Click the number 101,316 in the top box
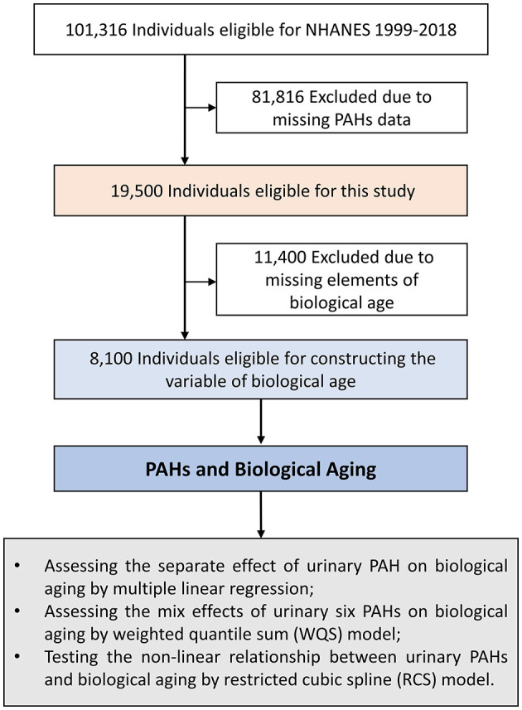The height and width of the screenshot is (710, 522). pyautogui.click(x=96, y=31)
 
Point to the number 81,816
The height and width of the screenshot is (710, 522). pyautogui.click(x=278, y=98)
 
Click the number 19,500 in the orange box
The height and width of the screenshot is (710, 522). pyautogui.click(x=138, y=191)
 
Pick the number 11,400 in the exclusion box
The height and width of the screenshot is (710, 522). pyautogui.click(x=280, y=258)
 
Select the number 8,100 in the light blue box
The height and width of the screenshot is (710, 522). pyautogui.click(x=111, y=359)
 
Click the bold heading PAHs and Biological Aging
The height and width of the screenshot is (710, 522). pyautogui.click(x=261, y=469)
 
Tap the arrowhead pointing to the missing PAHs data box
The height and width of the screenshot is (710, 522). pyautogui.click(x=212, y=108)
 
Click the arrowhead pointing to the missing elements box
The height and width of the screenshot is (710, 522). pyautogui.click(x=212, y=282)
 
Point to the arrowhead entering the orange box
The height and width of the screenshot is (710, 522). pyautogui.click(x=184, y=160)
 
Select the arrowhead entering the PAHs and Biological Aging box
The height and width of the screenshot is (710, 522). pyautogui.click(x=261, y=439)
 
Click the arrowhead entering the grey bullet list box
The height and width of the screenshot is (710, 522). pyautogui.click(x=261, y=533)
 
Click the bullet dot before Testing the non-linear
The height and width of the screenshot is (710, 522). pyautogui.click(x=17, y=657)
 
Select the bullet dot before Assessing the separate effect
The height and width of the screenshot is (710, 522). pyautogui.click(x=17, y=566)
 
